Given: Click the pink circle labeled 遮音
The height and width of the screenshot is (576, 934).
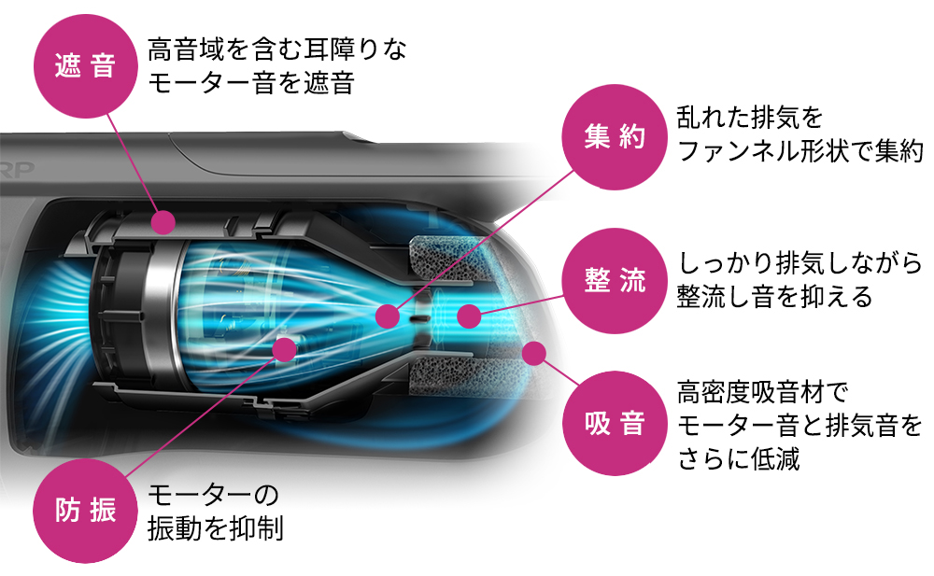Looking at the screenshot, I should coord(84,67).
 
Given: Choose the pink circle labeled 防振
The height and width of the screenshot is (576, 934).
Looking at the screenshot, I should coord(84,511).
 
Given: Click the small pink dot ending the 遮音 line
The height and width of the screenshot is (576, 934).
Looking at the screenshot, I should coord(163,222).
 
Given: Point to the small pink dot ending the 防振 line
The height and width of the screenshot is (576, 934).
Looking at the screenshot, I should coord(285,349).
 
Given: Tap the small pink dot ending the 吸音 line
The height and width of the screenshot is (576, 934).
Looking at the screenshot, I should coord(534,354).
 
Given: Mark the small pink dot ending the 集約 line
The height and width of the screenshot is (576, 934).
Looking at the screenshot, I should coord(386,316).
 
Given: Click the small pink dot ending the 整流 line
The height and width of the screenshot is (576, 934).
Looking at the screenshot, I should coord(469,316).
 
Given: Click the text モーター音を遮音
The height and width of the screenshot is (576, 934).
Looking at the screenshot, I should coord(251,83).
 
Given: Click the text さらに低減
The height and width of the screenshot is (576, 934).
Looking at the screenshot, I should coord(739,460).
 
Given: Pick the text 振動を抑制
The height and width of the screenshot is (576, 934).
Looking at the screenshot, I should coord(215,527).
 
